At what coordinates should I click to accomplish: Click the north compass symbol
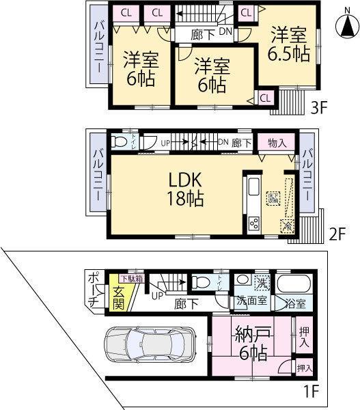coord(346,27)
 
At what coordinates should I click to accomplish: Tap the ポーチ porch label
coord(94,290)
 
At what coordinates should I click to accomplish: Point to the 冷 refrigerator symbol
coord(288,225)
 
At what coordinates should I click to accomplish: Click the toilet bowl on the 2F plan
coord(122,142)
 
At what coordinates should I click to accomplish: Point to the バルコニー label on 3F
coord(96,51)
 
